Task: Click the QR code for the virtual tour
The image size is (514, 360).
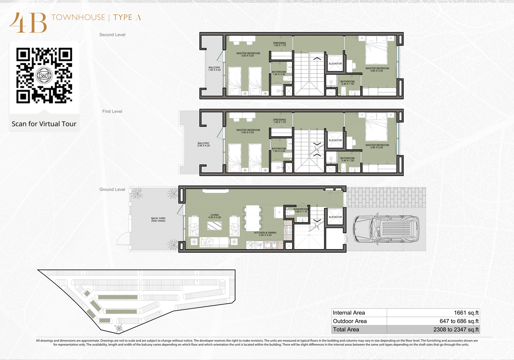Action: tap(44, 76)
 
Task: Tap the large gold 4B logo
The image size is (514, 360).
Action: tap(28, 23)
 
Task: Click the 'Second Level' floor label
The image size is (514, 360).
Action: tap(112, 35)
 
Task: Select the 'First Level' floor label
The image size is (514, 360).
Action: tap(112, 112)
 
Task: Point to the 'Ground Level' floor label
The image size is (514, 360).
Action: tap(112, 190)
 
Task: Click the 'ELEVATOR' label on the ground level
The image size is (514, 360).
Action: tap(335, 217)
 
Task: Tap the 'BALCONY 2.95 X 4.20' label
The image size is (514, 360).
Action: tap(203, 144)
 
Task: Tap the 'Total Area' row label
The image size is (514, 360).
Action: tap(346, 330)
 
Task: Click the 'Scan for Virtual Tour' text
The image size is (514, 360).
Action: tap(44, 124)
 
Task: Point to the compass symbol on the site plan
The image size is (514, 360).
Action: tap(120, 328)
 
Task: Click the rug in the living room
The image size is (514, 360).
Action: tap(214, 226)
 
